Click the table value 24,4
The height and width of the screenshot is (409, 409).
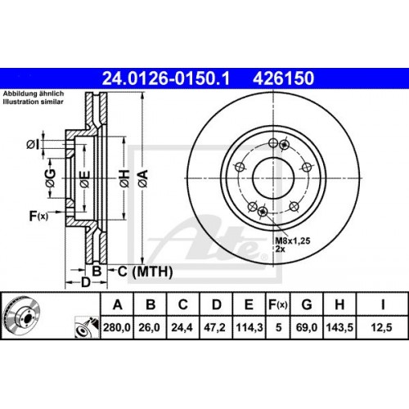183,329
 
